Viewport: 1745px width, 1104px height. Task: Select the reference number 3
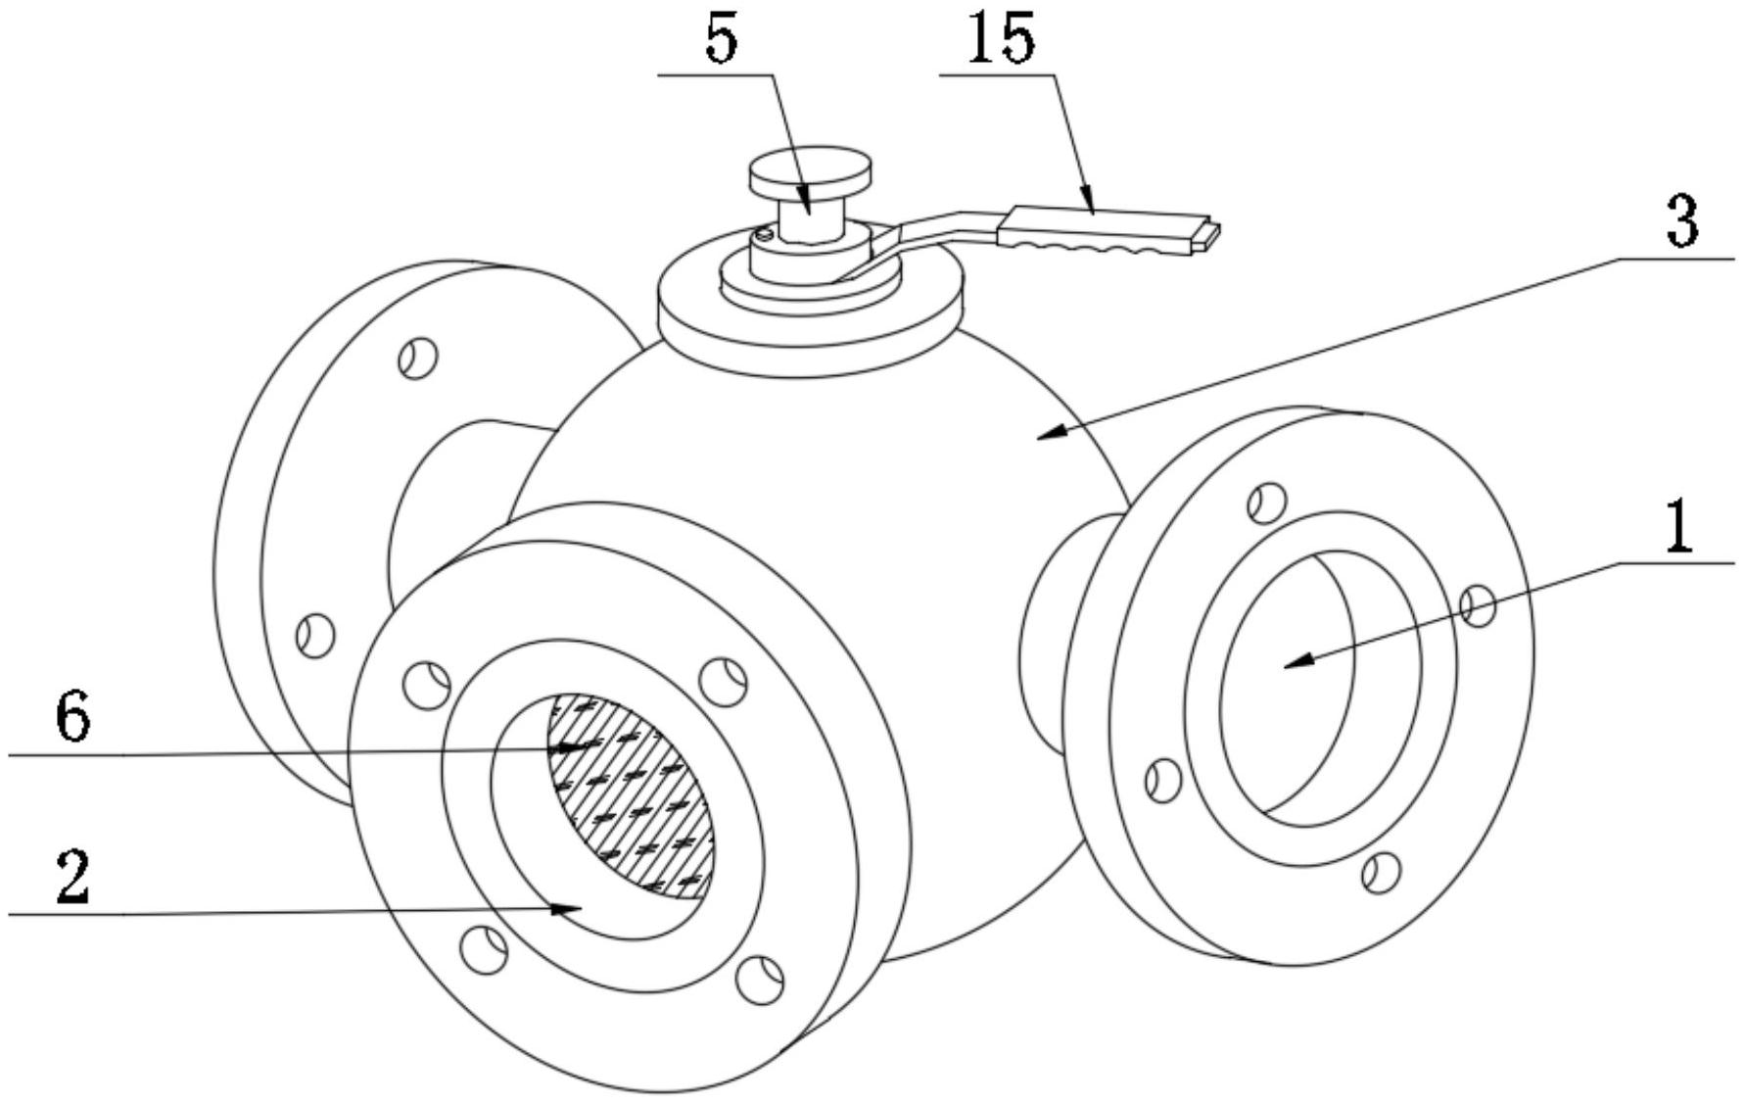[1682, 220]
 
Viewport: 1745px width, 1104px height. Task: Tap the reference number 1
[1678, 525]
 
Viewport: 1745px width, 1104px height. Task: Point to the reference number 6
[73, 719]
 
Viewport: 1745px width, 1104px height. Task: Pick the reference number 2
[74, 877]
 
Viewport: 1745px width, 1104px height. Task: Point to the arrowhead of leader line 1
[1298, 662]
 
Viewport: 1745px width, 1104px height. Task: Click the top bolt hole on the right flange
[1267, 502]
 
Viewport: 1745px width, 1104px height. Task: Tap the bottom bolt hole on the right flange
[1381, 872]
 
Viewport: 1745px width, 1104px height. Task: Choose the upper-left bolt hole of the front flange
[427, 682]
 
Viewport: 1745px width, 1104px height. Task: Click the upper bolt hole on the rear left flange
[418, 358]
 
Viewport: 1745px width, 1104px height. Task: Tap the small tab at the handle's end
[1210, 235]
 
